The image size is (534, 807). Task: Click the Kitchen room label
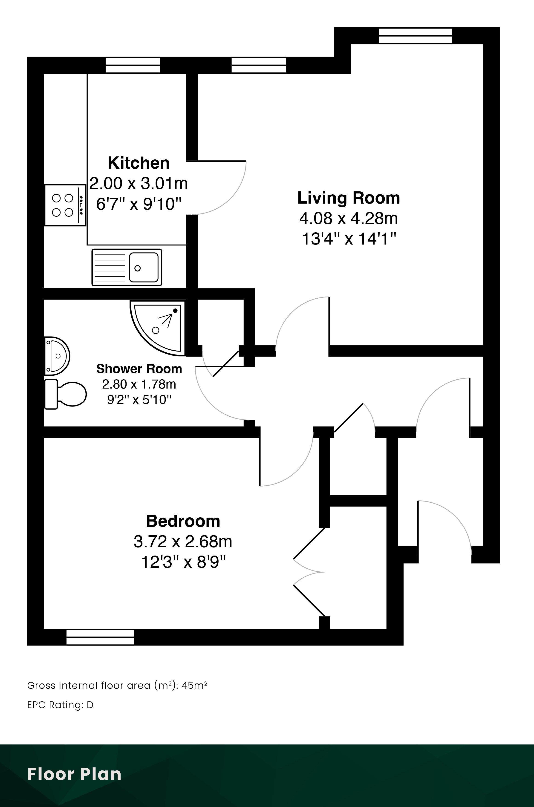pyautogui.click(x=139, y=163)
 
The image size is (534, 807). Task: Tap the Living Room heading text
pyautogui.click(x=349, y=198)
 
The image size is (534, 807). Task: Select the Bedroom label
pyautogui.click(x=183, y=521)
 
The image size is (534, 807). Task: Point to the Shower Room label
pyautogui.click(x=139, y=369)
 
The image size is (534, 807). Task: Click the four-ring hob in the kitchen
pyautogui.click(x=65, y=205)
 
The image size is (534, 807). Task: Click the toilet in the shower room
pyautogui.click(x=65, y=394)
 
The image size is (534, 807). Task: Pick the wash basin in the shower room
pyautogui.click(x=57, y=356)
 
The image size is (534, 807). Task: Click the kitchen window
pyautogui.click(x=133, y=65)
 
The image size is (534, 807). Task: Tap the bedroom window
pyautogui.click(x=100, y=637)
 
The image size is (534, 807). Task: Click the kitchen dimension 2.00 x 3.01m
pyautogui.click(x=139, y=184)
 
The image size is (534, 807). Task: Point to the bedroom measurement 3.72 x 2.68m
pyautogui.click(x=183, y=541)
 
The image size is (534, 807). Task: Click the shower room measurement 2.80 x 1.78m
pyautogui.click(x=139, y=384)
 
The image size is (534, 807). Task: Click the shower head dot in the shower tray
pyautogui.click(x=175, y=311)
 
